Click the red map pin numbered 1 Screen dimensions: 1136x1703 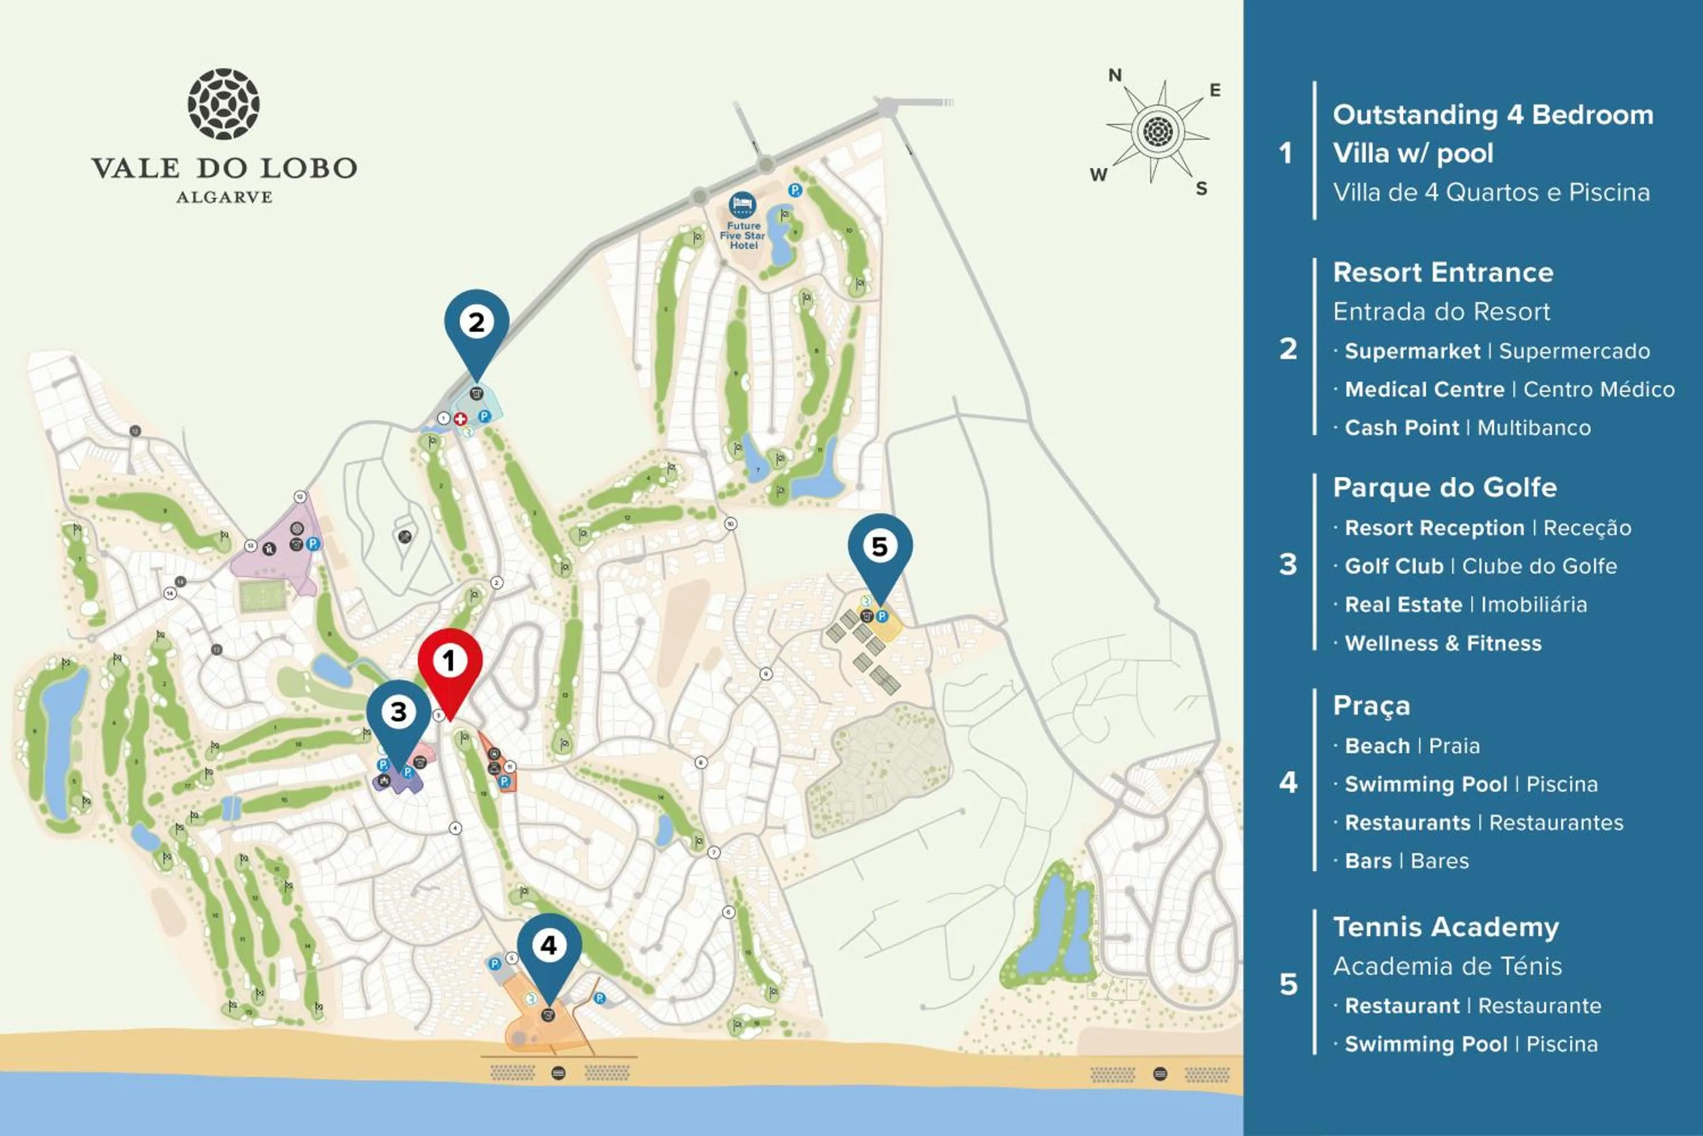click(x=450, y=662)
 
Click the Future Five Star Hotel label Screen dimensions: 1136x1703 click(x=743, y=236)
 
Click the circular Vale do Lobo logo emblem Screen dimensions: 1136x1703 click(x=224, y=105)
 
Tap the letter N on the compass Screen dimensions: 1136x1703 click(x=1115, y=76)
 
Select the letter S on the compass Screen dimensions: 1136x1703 click(x=1201, y=189)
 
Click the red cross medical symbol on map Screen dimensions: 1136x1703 click(x=460, y=419)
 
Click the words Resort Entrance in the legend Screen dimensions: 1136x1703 click(x=1442, y=273)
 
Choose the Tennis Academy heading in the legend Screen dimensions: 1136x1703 click(x=1445, y=926)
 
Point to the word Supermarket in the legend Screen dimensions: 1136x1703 click(x=1412, y=352)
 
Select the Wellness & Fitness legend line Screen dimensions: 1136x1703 click(x=1442, y=644)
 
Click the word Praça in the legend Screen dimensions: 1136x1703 click(x=1371, y=705)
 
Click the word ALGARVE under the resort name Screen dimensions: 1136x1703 click(x=224, y=197)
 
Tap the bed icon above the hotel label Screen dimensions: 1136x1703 click(x=742, y=204)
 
